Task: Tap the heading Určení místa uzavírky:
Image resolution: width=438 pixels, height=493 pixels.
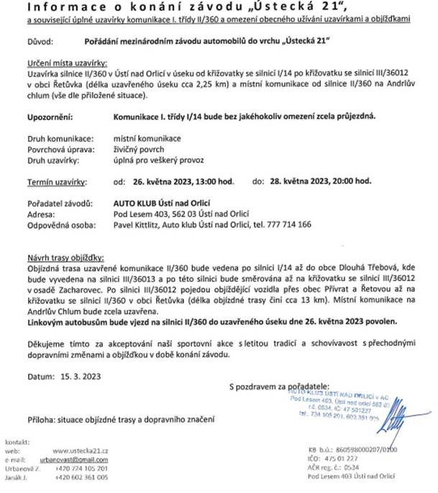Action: pos(60,65)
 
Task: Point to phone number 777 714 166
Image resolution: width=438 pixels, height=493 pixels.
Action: pos(293,224)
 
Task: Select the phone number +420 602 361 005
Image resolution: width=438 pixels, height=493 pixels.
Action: pos(86,476)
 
